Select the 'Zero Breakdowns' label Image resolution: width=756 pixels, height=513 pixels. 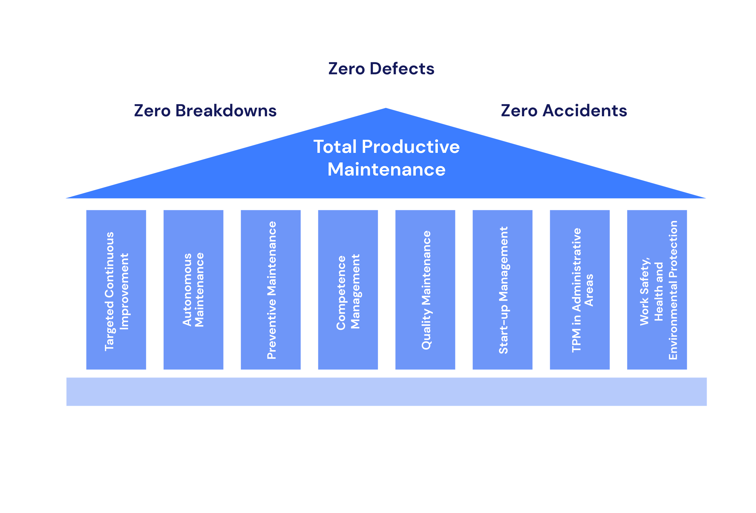[x=205, y=110]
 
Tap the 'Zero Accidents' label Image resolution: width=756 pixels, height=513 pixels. [x=564, y=110]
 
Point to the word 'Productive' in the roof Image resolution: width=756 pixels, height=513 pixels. [x=410, y=147]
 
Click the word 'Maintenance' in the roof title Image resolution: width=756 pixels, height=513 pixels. [x=387, y=170]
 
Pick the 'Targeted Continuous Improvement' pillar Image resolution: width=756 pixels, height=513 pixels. [x=116, y=290]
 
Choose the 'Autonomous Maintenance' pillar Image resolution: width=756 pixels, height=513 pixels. [x=193, y=290]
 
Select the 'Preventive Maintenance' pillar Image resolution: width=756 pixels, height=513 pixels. [x=271, y=290]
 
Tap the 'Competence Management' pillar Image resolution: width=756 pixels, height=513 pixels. [x=348, y=290]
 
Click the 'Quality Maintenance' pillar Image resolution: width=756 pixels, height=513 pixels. [x=425, y=290]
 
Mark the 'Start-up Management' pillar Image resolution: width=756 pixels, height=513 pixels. [x=503, y=290]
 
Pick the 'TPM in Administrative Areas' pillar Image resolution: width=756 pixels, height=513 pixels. [x=580, y=290]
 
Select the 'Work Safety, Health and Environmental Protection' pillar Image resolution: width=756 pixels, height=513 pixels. [x=657, y=290]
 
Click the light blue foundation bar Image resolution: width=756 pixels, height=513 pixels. [x=387, y=392]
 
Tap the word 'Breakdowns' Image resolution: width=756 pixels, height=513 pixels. [x=226, y=110]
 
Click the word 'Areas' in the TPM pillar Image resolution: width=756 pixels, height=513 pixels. [x=589, y=290]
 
